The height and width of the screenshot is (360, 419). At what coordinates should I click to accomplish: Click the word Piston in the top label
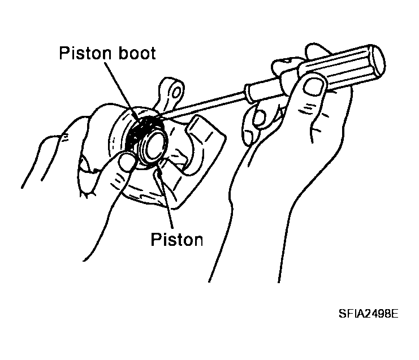(85, 53)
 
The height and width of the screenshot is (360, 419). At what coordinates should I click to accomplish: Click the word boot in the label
(137, 53)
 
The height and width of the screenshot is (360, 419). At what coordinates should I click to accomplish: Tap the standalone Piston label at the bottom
(177, 239)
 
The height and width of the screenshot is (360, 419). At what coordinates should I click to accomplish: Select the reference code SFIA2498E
(369, 314)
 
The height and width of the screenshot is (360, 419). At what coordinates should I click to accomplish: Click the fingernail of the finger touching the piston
(126, 162)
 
